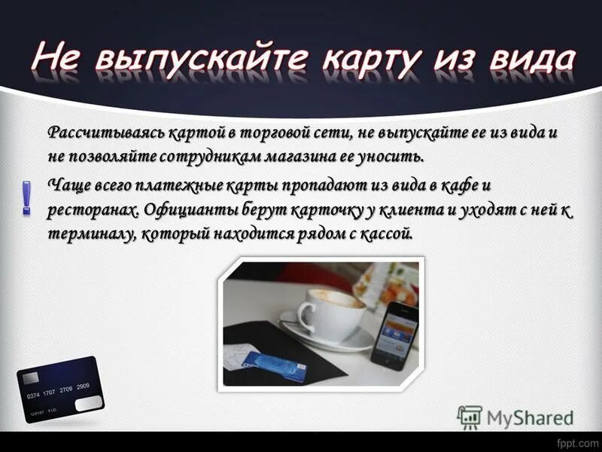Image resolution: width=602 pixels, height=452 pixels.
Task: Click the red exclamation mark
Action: tap(27, 198)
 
